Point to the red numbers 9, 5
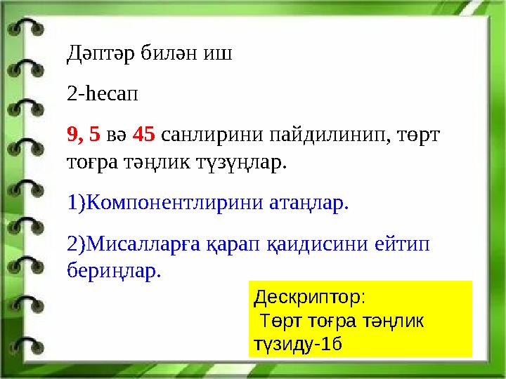click(84, 132)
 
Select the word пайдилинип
click(323, 132)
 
